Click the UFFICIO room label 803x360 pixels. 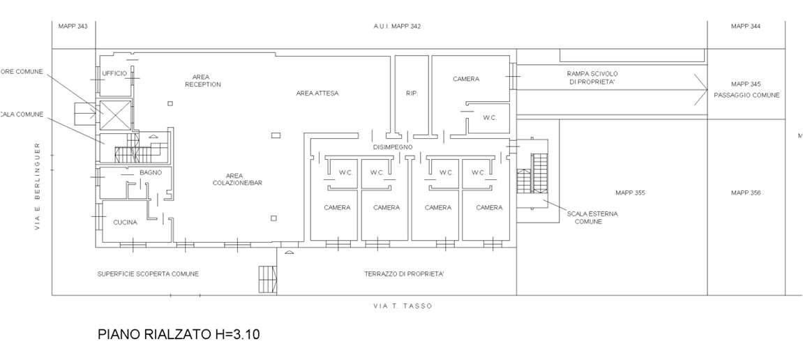tap(114, 73)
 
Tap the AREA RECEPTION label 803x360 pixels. tap(202, 80)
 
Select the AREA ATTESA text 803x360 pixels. tap(317, 93)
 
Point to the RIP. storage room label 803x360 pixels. tap(411, 93)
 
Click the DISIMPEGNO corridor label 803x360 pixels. tap(393, 147)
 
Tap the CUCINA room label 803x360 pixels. tap(125, 223)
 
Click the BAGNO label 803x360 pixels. tap(151, 172)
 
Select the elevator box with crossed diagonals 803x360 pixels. tap(112, 114)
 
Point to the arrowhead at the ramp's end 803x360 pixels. tap(701, 89)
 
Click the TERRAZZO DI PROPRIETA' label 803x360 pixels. tap(404, 274)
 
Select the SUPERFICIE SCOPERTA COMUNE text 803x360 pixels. tap(148, 274)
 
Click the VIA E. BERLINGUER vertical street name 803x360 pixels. tap(38, 186)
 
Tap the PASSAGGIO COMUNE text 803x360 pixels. tap(746, 95)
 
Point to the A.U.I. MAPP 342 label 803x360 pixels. tap(396, 27)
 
